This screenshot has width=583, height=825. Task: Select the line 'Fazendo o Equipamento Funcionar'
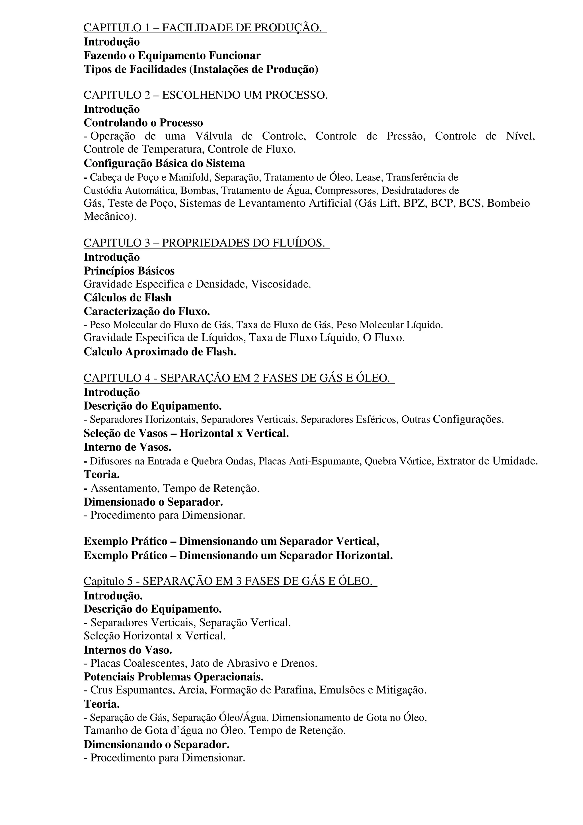point(172,56)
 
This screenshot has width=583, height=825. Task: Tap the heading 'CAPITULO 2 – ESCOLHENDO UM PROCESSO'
point(205,95)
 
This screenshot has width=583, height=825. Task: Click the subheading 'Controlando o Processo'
point(143,123)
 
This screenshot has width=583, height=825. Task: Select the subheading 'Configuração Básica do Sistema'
point(164,163)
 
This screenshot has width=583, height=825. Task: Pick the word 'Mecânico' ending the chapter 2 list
point(108,217)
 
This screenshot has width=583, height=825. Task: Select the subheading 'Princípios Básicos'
point(129,271)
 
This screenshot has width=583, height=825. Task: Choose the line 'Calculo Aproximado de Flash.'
point(160,352)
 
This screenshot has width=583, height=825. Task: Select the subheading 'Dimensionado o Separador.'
point(153,502)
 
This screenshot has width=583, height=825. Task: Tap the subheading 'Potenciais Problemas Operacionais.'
point(173,677)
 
